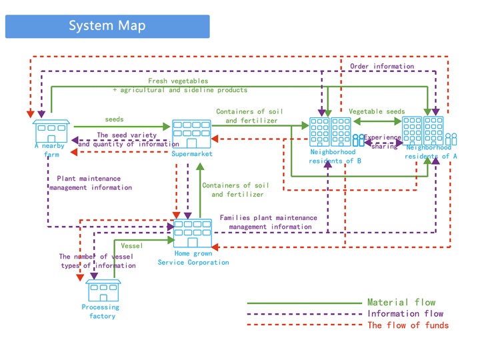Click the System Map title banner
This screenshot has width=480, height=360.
pos(107,27)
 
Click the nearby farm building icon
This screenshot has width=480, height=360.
pos(51,131)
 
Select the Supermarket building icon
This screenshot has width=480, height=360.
pos(192,134)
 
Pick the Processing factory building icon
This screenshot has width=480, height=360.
pos(103,291)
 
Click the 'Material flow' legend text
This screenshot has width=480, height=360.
pos(401,302)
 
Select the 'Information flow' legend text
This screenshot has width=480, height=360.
pos(405,313)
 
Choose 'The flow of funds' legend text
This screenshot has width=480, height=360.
pos(408,325)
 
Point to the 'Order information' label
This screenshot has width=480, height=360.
pos(381,66)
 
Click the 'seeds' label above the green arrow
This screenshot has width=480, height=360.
pos(114,119)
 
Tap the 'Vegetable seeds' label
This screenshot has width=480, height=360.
pos(376,111)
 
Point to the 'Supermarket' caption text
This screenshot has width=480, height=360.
pos(191,154)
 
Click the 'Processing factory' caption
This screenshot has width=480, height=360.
pos(101,311)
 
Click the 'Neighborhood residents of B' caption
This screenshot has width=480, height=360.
pos(334,156)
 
